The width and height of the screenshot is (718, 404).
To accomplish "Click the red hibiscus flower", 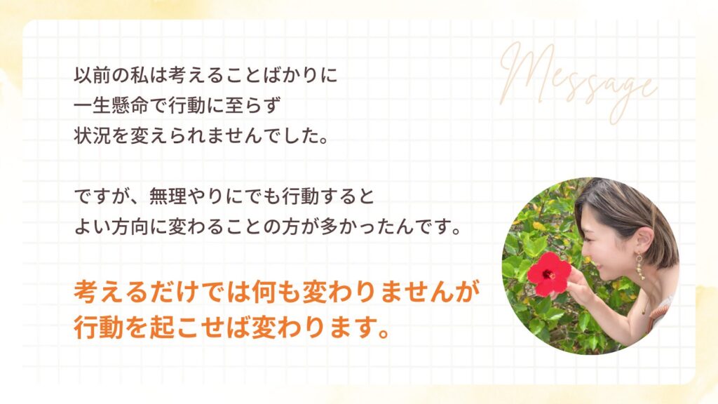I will pos(550,273).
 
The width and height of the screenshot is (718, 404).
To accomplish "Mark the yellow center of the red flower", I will pos(550,273).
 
